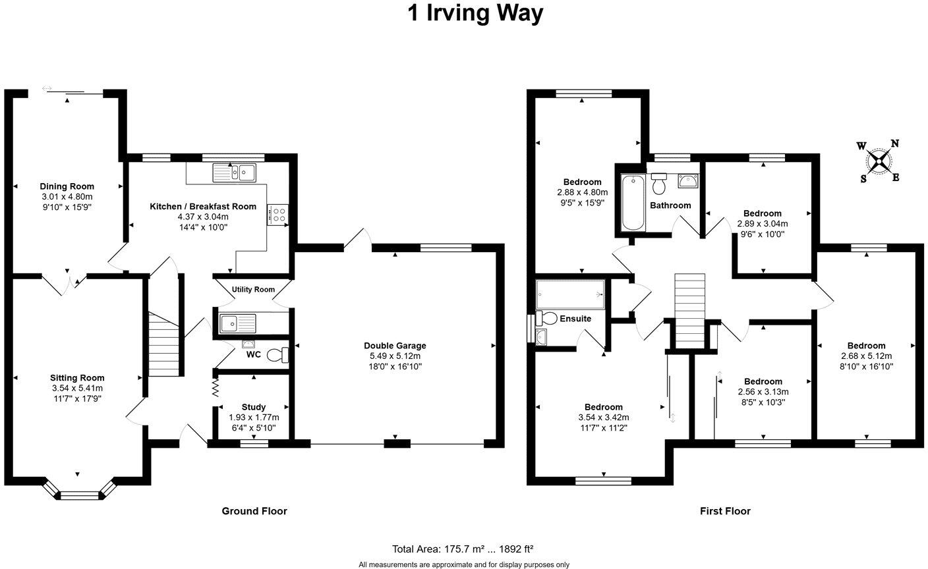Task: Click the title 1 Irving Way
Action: click(475, 13)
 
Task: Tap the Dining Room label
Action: click(67, 186)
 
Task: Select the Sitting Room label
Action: click(77, 378)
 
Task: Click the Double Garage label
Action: click(395, 346)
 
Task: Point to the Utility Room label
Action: click(253, 290)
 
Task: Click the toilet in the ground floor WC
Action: click(279, 355)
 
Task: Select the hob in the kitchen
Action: click(277, 215)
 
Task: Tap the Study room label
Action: click(254, 407)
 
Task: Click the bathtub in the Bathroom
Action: click(633, 202)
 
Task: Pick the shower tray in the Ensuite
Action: click(570, 294)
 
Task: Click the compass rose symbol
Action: click(879, 161)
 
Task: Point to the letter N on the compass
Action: click(894, 144)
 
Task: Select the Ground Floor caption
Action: click(254, 511)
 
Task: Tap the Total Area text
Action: click(463, 549)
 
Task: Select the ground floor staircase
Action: click(163, 344)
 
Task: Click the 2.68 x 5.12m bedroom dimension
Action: click(866, 356)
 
